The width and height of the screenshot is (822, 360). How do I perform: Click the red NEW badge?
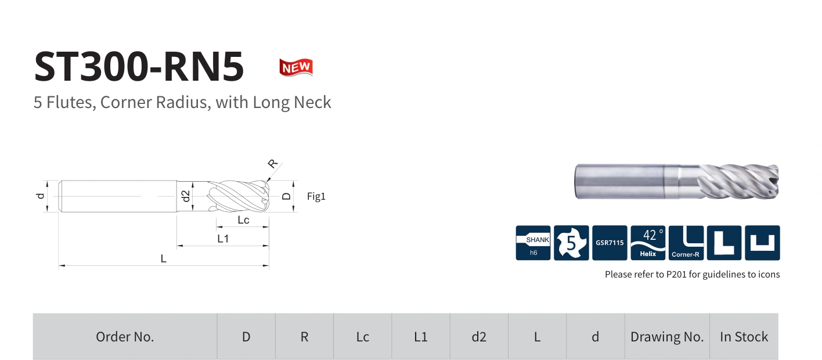click(x=296, y=67)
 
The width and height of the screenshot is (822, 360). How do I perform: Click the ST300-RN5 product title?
click(x=139, y=66)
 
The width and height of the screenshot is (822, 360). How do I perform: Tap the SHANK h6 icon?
click(x=533, y=243)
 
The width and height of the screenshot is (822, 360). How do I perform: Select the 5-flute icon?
click(x=571, y=243)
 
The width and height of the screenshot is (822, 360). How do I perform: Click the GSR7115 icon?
click(x=610, y=243)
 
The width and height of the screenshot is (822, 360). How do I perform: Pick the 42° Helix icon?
click(x=648, y=243)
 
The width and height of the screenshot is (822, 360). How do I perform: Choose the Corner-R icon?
click(x=686, y=243)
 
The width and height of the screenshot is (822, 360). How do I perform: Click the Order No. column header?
click(x=125, y=337)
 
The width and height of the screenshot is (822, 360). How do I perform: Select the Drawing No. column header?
click(x=667, y=337)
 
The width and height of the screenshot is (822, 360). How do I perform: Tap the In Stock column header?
click(x=744, y=337)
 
